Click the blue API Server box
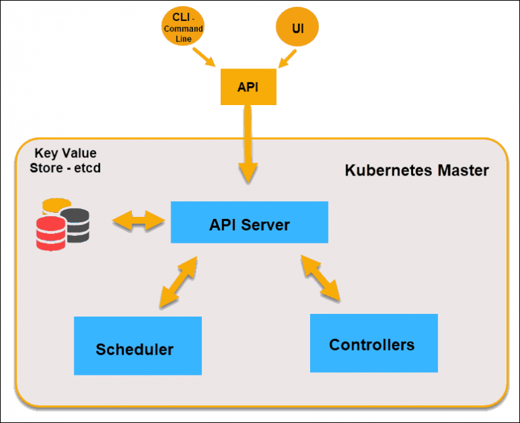click(x=249, y=222)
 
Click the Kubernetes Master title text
click(x=416, y=170)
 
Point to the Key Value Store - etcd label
click(x=64, y=161)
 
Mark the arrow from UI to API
click(x=287, y=59)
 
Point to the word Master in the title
click(x=462, y=170)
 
